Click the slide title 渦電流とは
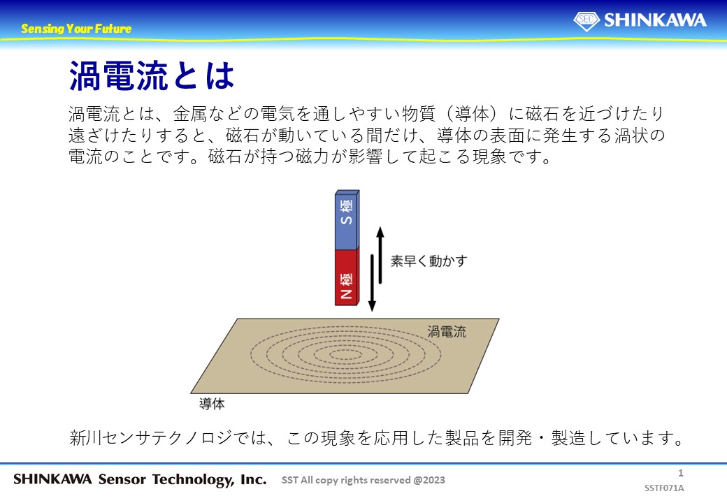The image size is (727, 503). (152, 75)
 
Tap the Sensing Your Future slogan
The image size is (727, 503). (76, 29)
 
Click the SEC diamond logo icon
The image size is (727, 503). (586, 20)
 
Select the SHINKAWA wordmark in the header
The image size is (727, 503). (655, 20)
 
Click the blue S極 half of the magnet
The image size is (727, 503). (347, 219)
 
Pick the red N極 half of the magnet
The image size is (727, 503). (347, 277)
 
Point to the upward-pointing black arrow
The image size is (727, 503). (380, 255)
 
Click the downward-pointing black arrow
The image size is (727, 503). (372, 282)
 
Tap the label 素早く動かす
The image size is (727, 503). (429, 261)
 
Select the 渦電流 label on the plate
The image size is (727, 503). (447, 332)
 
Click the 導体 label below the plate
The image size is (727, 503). (212, 404)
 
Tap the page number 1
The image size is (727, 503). (681, 473)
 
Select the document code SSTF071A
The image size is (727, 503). (664, 488)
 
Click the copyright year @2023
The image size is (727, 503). (429, 481)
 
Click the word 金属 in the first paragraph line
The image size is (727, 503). (190, 114)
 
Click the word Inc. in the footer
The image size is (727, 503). (254, 479)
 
